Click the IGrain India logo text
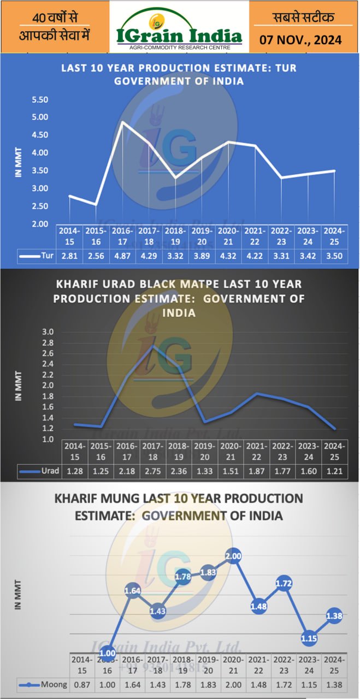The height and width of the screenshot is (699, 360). coord(179,36)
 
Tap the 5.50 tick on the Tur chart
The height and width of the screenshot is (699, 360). coord(40,100)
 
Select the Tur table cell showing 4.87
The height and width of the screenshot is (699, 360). coord(122,255)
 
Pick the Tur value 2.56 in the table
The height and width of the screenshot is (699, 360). coord(96,255)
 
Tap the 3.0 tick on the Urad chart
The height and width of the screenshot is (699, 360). coord(48,332)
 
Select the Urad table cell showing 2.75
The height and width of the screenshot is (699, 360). coord(149,471)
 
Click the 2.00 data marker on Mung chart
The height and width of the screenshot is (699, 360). coord(233,556)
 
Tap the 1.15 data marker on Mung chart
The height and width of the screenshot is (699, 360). coord(310,637)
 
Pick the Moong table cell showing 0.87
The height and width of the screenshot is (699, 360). coord(82,684)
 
